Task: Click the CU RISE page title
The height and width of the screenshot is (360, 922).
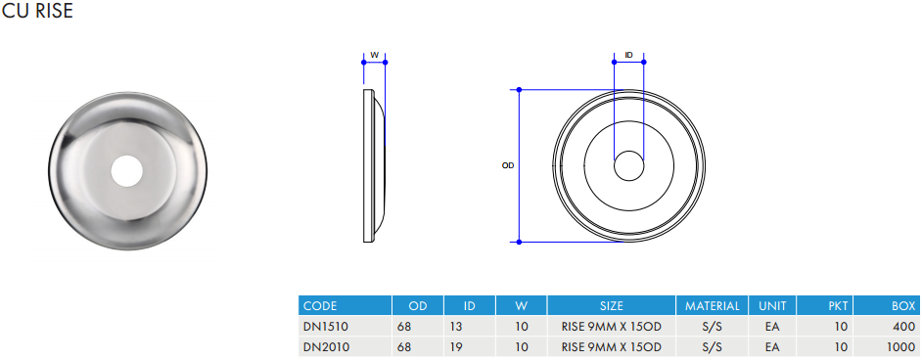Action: click(x=37, y=11)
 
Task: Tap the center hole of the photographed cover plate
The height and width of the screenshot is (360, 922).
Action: click(x=127, y=171)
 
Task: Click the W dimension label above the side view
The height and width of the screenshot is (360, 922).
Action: click(x=374, y=55)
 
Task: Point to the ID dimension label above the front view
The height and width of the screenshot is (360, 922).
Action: click(x=628, y=55)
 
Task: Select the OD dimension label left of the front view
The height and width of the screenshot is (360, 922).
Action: click(x=508, y=165)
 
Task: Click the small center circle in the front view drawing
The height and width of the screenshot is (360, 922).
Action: click(x=629, y=165)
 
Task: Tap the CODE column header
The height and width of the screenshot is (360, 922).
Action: click(x=320, y=306)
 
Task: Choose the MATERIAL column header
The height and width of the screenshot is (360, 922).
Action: click(x=713, y=306)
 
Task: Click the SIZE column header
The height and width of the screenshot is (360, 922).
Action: click(x=612, y=306)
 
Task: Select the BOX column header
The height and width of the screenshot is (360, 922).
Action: click(x=903, y=306)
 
